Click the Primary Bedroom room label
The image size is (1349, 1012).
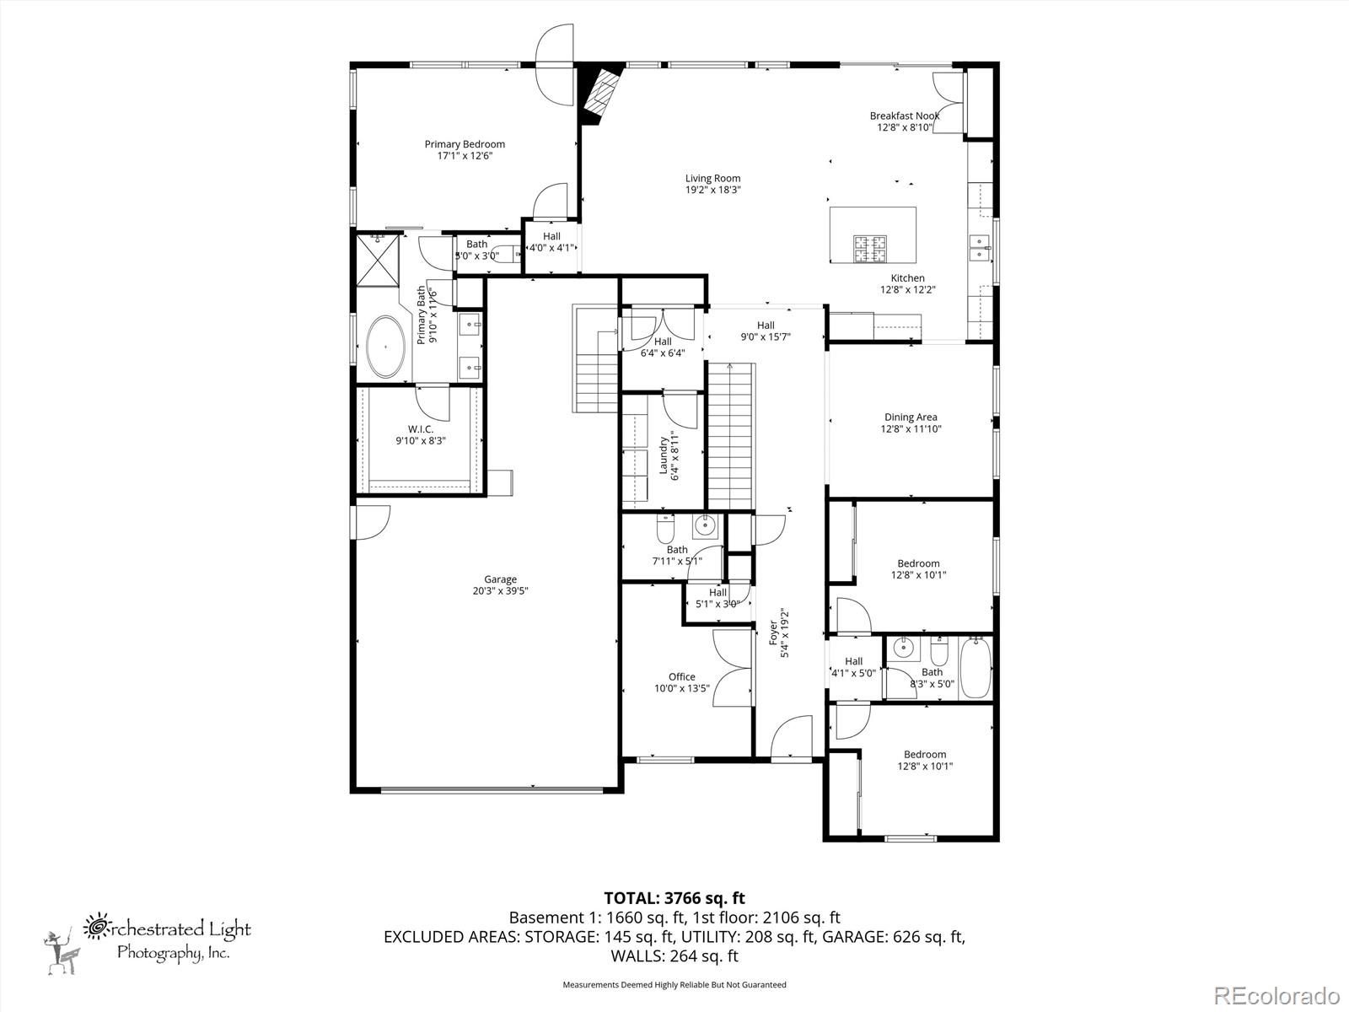(465, 144)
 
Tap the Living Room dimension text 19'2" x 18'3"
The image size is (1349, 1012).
(713, 190)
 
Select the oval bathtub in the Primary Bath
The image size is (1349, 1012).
(385, 347)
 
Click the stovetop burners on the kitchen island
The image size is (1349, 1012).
(869, 248)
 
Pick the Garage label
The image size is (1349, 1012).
(500, 579)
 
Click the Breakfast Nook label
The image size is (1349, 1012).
(905, 116)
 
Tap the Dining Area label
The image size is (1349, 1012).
(911, 417)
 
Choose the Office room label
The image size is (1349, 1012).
(682, 676)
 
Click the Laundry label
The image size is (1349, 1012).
(664, 455)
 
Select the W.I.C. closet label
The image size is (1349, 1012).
(421, 429)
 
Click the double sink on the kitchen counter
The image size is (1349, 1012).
(980, 248)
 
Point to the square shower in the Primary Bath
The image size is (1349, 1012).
(378, 261)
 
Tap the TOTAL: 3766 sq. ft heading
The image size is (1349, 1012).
(674, 898)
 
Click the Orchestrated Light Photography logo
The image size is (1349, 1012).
(148, 944)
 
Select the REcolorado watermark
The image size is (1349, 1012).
(1276, 995)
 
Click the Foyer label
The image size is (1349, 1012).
(773, 633)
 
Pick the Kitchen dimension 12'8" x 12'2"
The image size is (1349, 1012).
(908, 289)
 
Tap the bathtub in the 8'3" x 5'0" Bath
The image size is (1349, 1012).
(975, 667)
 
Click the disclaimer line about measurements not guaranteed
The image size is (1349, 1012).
(674, 984)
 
